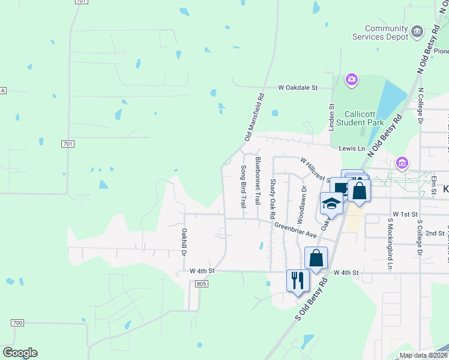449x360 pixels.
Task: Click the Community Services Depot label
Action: click(x=387, y=32)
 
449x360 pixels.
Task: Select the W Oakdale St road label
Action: click(x=297, y=88)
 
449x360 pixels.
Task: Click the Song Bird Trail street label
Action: click(x=244, y=186)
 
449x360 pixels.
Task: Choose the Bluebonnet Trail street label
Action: click(x=258, y=181)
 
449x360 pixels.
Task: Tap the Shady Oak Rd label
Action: click(x=273, y=198)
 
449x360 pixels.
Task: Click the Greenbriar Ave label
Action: click(x=295, y=230)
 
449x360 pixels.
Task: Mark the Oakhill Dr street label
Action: click(x=184, y=240)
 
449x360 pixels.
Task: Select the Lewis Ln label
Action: click(x=351, y=148)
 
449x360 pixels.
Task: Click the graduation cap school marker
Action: click(x=331, y=203)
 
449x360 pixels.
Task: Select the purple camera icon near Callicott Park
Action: click(x=352, y=79)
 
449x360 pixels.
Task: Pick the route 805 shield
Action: click(x=201, y=283)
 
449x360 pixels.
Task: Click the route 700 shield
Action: click(x=17, y=323)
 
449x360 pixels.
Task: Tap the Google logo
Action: click(x=20, y=353)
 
